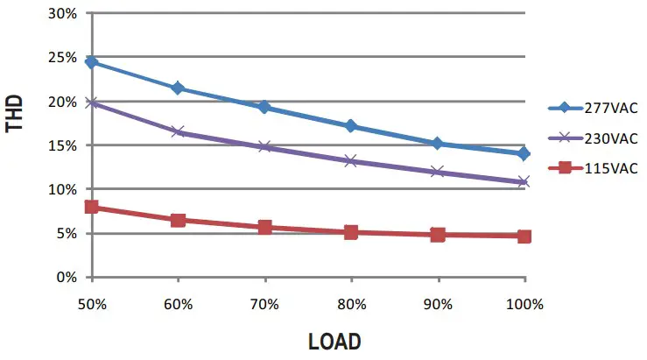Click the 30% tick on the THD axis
pos(65,14)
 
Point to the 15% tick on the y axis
pos(65,145)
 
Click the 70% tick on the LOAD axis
pos(264,304)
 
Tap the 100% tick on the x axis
pos(524,304)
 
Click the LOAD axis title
pos(334,341)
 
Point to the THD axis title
pos(16,115)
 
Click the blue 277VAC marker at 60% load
pos(178,88)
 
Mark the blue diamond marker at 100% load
pos(524,153)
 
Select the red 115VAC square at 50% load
pos(91,207)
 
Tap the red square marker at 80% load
pos(351,232)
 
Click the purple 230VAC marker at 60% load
pos(178,131)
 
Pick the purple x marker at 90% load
pos(438,172)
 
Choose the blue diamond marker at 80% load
pos(351,126)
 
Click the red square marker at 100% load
pos(524,236)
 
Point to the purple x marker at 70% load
pos(264,146)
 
